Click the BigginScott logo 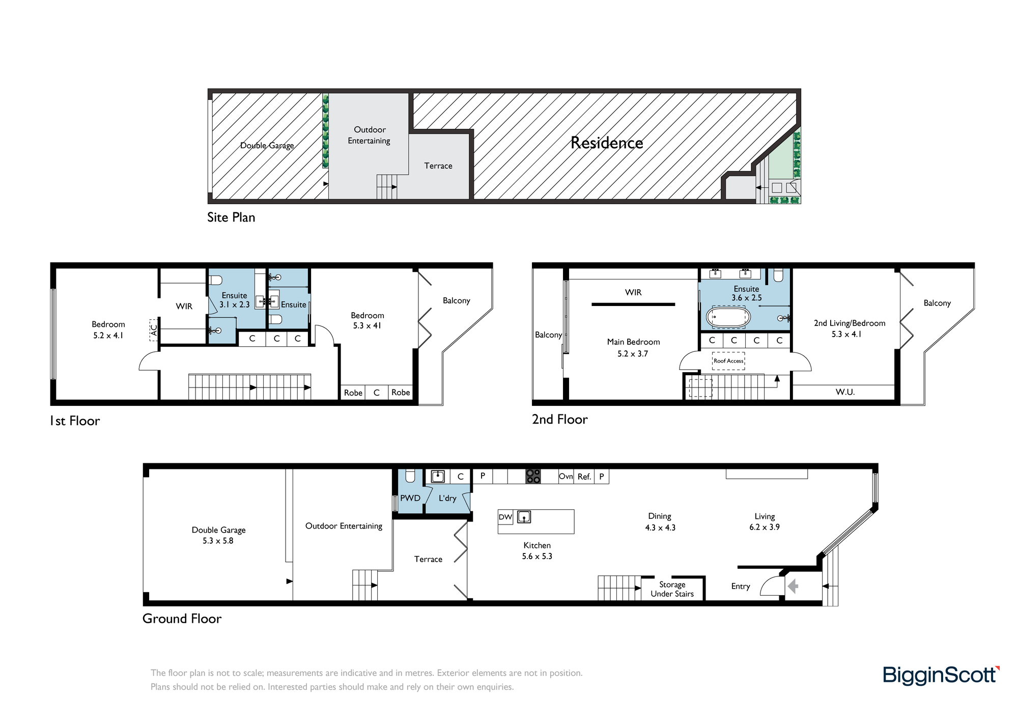tap(941, 675)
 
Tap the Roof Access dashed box tap(728, 361)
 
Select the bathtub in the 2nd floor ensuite tap(728, 317)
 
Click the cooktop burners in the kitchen tap(533, 476)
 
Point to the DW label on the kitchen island tap(505, 517)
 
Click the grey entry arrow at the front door tap(793, 587)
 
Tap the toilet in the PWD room tap(410, 476)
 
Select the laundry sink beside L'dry tap(438, 476)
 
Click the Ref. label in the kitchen tap(584, 477)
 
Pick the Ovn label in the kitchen tap(566, 477)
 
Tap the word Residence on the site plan tap(607, 143)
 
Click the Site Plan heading tap(231, 217)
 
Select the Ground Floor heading tap(182, 619)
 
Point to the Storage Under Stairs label tap(672, 589)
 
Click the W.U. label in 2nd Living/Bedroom tap(845, 392)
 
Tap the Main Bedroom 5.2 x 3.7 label tap(633, 348)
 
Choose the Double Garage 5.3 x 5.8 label tap(218, 535)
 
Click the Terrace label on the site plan tap(438, 166)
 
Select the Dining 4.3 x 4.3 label tap(660, 522)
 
